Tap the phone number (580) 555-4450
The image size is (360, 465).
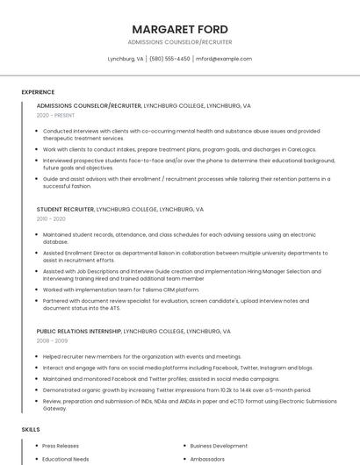coord(169,59)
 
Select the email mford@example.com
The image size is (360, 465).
coord(224,59)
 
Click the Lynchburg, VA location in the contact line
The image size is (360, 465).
coord(126,59)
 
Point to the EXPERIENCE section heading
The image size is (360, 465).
coord(38,91)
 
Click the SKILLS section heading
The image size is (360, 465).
coord(31,429)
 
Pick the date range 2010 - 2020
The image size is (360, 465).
coord(51,219)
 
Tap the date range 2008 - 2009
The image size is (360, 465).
coord(52,340)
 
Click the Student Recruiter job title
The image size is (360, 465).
coord(65,210)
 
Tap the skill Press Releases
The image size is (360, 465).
coord(61,446)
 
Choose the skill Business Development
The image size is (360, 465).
coord(219,446)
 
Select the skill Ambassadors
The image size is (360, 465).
coord(208,459)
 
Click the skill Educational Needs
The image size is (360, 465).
coord(66,459)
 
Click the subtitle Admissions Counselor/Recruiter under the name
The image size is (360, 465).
coord(180,41)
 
